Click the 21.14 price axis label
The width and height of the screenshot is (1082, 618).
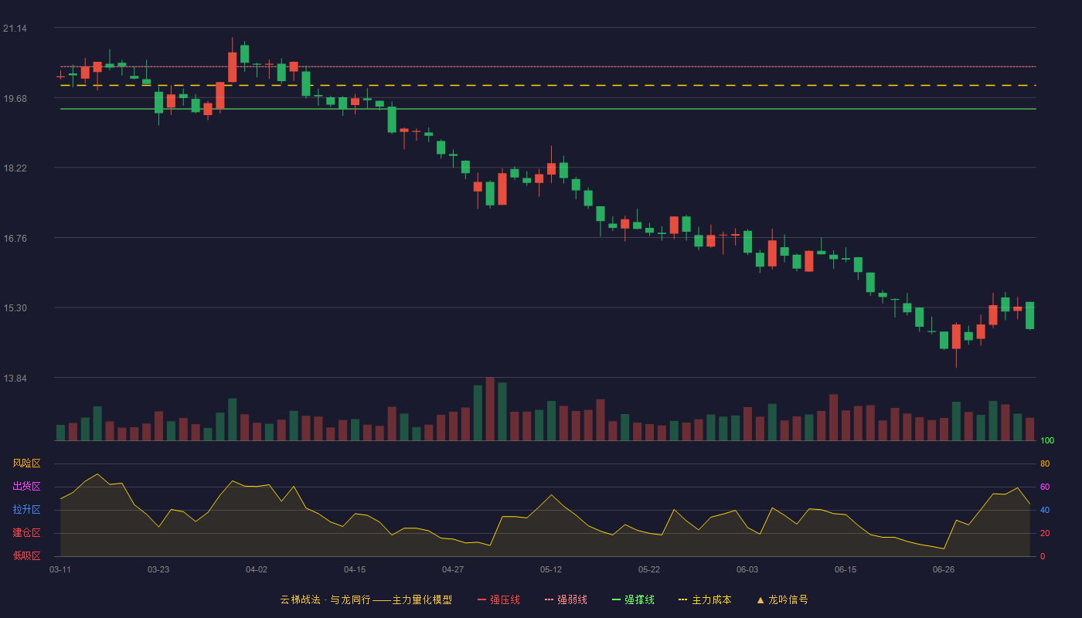point(15,29)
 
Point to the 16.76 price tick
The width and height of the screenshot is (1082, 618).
point(15,239)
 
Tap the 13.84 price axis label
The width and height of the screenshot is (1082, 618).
point(15,378)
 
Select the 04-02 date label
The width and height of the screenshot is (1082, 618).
point(256,570)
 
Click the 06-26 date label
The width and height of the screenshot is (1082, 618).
point(944,570)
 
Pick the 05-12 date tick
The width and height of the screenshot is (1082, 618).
point(550,570)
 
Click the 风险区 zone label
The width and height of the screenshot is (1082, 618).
point(26,463)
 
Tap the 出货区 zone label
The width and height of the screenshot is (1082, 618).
point(26,486)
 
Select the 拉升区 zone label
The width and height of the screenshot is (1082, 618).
point(26,509)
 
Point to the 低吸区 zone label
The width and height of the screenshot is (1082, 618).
point(26,555)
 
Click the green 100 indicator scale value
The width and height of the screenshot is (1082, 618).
point(1047,440)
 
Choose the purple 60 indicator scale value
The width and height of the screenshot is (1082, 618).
point(1045,487)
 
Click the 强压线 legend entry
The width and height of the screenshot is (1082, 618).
point(498,599)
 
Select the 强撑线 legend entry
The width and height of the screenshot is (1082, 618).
point(633,599)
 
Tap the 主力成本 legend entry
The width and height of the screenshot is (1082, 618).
point(705,599)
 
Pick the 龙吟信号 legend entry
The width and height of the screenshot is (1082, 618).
point(782,599)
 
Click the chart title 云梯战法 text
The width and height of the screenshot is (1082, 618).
point(300,599)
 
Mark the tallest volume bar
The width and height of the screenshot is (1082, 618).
point(490,409)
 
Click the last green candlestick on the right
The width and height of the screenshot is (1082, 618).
point(1029,315)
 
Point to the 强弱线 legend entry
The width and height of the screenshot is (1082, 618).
point(566,599)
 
